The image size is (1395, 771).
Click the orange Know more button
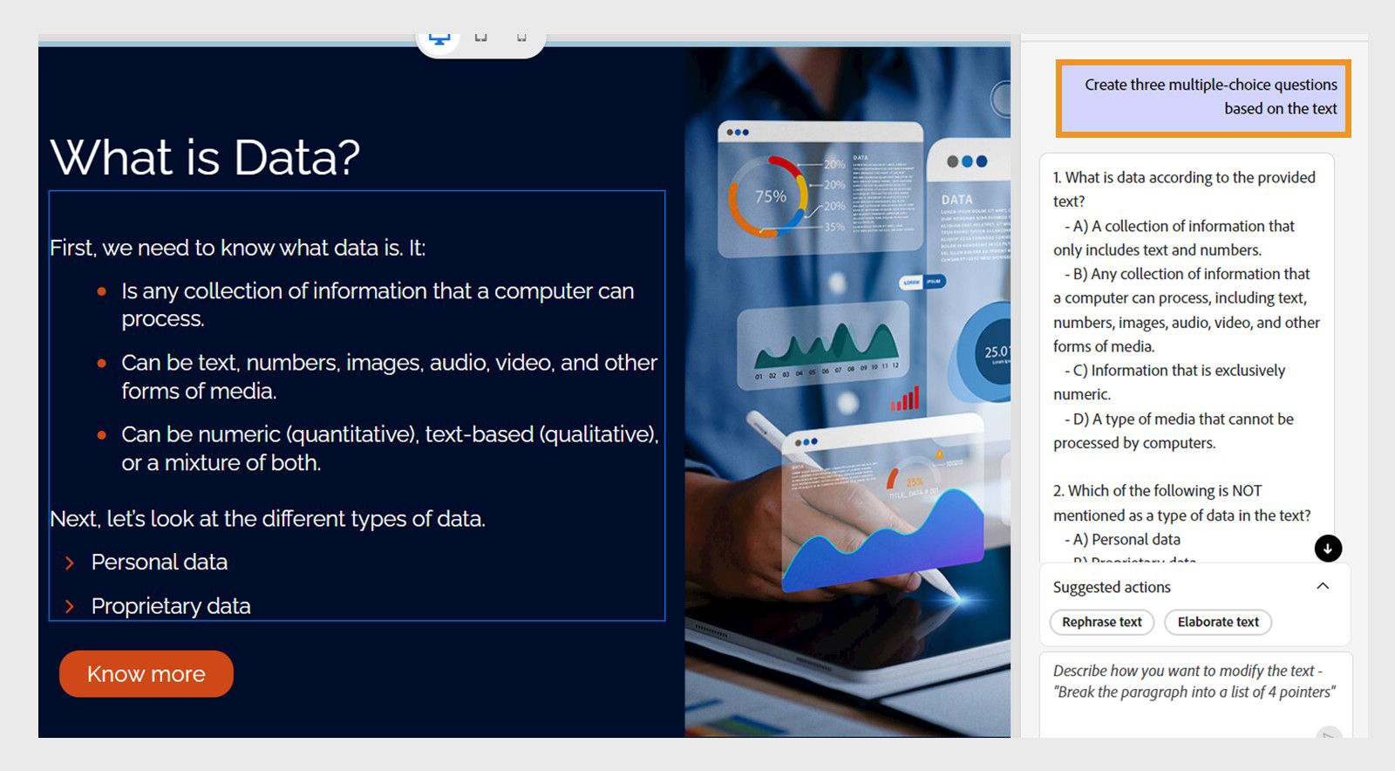pos(146,674)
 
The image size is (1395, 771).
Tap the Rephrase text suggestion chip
pos(1101,622)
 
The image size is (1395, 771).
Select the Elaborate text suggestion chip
pos(1217,622)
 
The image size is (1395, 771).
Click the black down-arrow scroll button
pos(1328,549)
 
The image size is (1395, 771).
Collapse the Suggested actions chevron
pos(1323,586)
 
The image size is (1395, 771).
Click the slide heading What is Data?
pos(205,158)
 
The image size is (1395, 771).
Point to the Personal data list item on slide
pos(159,563)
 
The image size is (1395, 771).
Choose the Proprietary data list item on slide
pos(170,606)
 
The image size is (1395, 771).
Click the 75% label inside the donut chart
pos(770,197)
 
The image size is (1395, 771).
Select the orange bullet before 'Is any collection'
pos(102,291)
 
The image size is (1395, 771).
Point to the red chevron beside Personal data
pos(70,563)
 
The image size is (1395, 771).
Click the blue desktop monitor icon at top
pos(439,39)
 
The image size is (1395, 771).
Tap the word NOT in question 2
pos(1247,491)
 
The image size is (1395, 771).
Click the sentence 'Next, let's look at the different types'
pos(267,519)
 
